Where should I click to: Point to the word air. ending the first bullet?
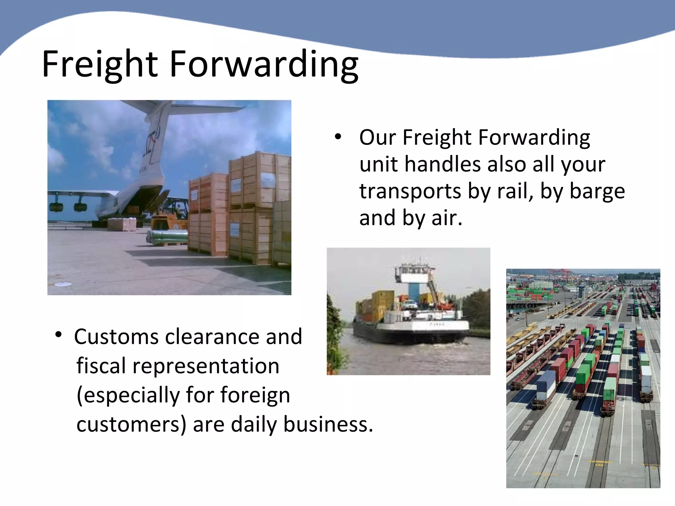447,218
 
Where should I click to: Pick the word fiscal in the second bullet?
101,366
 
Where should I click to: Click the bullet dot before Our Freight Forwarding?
338,137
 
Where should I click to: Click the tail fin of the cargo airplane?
155,138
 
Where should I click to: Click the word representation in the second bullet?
206,366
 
